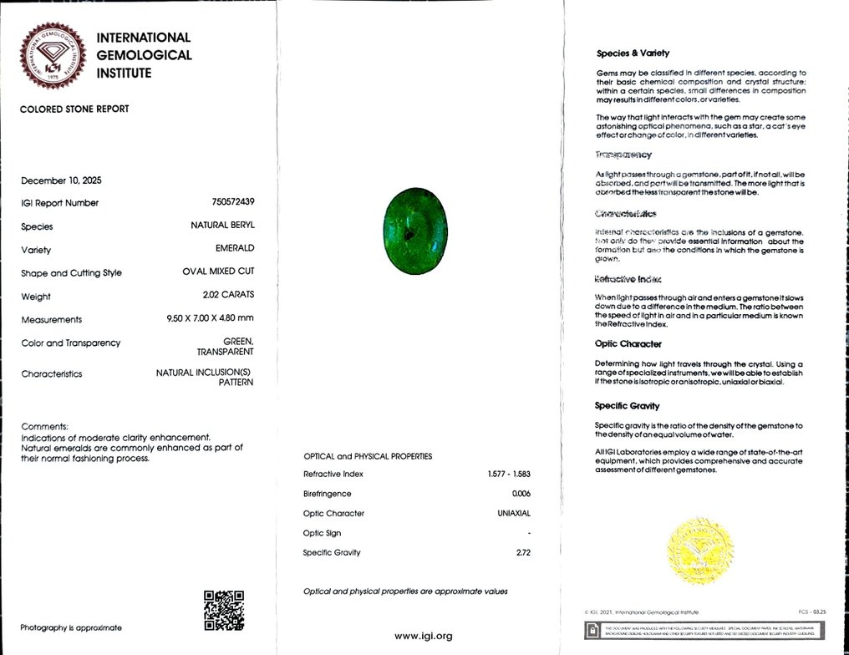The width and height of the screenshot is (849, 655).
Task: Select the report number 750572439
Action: [233, 203]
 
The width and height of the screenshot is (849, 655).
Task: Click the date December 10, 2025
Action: [61, 180]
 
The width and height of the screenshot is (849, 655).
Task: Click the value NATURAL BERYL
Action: [222, 226]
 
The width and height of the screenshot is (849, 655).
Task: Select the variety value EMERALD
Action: [235, 249]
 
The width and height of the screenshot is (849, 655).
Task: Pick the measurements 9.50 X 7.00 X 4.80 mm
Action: [209, 319]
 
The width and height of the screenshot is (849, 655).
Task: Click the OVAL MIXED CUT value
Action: [218, 272]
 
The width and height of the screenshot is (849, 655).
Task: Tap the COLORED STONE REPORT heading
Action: [74, 109]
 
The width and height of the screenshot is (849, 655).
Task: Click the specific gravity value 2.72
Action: [523, 552]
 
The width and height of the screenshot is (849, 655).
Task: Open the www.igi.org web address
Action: [423, 636]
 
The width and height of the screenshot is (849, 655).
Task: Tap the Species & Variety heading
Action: [633, 53]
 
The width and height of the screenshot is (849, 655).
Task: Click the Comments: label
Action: [44, 426]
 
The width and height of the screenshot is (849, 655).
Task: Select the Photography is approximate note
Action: [71, 627]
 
